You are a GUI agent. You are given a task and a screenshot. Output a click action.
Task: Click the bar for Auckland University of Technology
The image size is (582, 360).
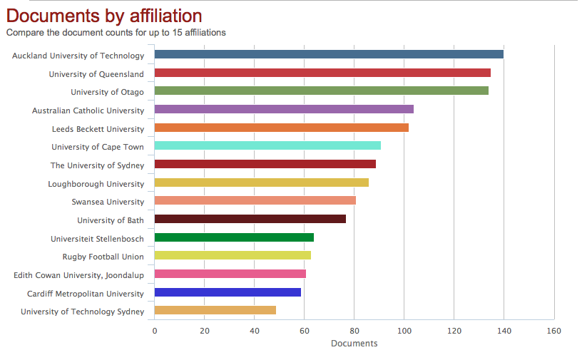pyautogui.click(x=329, y=54)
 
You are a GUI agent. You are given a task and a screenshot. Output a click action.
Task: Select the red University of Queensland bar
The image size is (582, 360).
pyautogui.click(x=322, y=73)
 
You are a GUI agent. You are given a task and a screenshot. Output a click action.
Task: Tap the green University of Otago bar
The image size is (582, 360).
pyautogui.click(x=321, y=91)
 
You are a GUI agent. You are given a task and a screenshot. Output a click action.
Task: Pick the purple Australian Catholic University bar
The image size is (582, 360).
pyautogui.click(x=284, y=109)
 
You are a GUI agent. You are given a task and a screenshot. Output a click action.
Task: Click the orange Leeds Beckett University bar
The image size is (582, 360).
pyautogui.click(x=281, y=128)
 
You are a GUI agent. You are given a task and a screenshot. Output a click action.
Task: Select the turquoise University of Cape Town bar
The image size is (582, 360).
pyautogui.click(x=267, y=145)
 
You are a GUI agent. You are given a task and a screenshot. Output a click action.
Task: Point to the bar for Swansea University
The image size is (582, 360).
pyautogui.click(x=255, y=200)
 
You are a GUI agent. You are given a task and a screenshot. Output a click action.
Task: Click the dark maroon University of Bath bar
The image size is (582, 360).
pyautogui.click(x=250, y=219)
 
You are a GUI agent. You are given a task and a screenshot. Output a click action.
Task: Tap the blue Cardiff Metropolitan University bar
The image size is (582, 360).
pyautogui.click(x=228, y=292)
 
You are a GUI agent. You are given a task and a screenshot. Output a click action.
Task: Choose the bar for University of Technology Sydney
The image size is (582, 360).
pyautogui.click(x=215, y=310)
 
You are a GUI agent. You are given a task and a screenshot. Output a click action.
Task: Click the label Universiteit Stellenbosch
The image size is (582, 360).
pyautogui.click(x=97, y=239)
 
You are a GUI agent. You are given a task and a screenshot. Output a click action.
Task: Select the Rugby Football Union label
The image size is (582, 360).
pyautogui.click(x=103, y=257)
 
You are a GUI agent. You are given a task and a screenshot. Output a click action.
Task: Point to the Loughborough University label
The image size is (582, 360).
pyautogui.click(x=96, y=184)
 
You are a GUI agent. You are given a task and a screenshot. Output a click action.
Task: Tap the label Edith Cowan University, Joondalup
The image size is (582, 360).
pyautogui.click(x=78, y=275)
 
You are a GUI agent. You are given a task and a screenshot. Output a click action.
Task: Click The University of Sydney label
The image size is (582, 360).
pyautogui.click(x=97, y=165)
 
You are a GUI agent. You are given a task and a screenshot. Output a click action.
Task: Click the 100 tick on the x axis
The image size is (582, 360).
pyautogui.click(x=404, y=331)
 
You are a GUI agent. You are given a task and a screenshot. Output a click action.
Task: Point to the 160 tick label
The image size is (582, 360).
pyautogui.click(x=553, y=331)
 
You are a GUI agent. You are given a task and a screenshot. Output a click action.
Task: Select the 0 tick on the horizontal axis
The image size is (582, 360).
pyautogui.click(x=154, y=331)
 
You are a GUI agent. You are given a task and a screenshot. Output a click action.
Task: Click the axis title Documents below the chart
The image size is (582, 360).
pyautogui.click(x=354, y=344)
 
